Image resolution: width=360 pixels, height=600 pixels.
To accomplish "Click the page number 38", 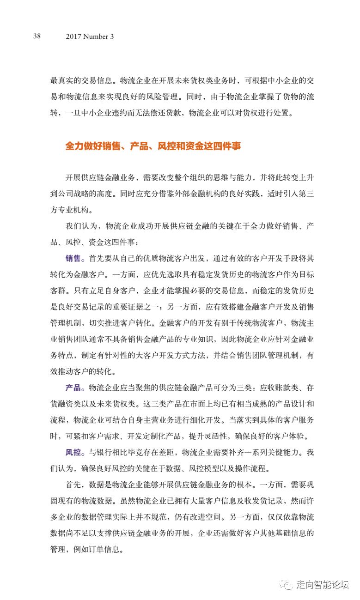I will coord(37,36).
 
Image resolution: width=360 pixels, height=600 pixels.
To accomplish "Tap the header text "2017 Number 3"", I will coord(90,36).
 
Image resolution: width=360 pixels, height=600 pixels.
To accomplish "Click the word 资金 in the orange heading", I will coord(187,146).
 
